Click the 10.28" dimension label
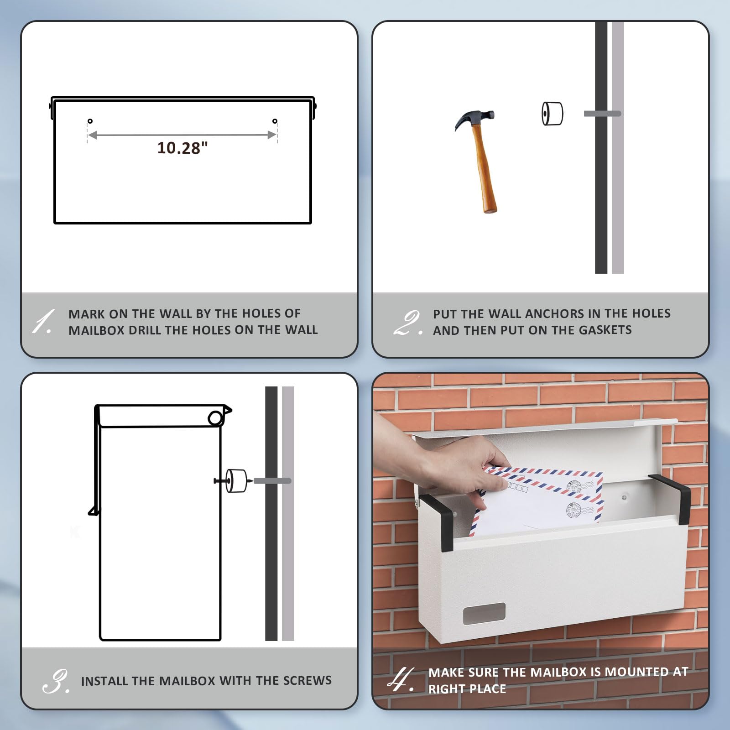click(182, 148)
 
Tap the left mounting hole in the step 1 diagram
click(90, 121)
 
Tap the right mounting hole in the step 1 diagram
click(275, 121)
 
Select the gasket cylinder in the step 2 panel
click(552, 114)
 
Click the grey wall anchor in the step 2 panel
click(602, 114)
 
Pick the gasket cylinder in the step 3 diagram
click(236, 481)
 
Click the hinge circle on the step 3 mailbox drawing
click(215, 417)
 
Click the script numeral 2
click(407, 323)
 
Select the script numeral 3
click(56, 681)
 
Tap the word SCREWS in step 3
click(307, 680)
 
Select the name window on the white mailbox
click(484, 614)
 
